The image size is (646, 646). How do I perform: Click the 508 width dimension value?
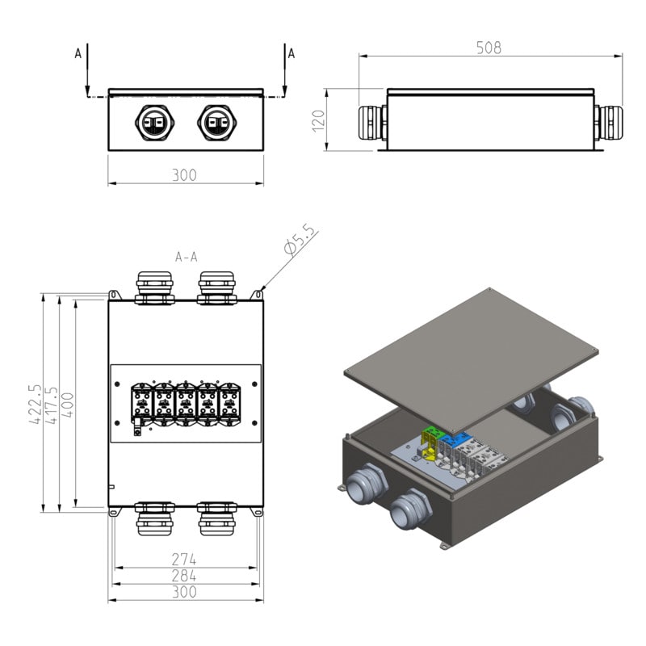pos(488,48)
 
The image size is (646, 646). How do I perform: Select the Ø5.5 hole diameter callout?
pos(300,241)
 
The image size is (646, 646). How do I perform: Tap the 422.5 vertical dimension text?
pos(36,405)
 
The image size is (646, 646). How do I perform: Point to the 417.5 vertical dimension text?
pos(52,405)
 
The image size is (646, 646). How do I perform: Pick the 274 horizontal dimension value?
pos(184,559)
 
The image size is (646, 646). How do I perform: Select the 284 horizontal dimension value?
pos(184,575)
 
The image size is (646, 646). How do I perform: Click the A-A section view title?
pos(187,258)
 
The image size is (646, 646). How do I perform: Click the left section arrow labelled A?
pos(86,69)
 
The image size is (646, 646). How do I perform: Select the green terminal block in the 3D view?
pos(435,434)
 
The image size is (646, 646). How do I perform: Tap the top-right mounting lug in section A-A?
pos(258,296)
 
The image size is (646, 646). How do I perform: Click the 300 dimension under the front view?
pos(184,174)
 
